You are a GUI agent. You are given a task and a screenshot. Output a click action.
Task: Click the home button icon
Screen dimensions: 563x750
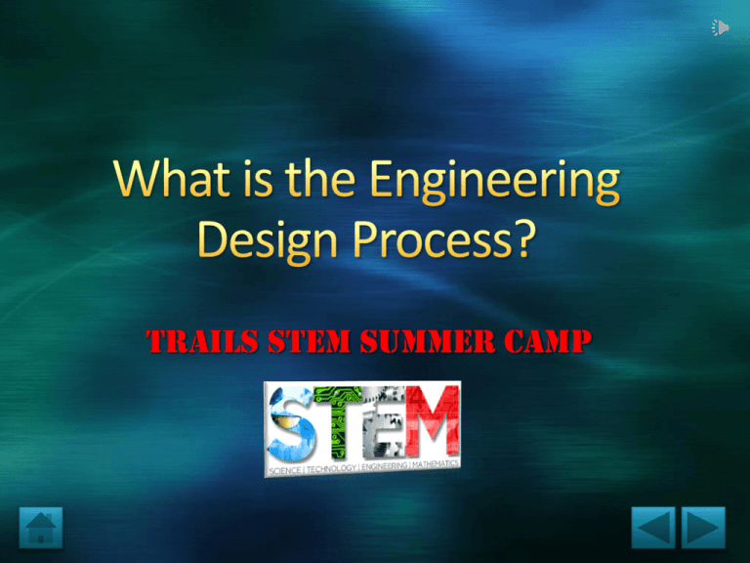point(40,527)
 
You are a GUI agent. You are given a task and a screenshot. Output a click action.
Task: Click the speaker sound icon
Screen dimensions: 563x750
point(720,28)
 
